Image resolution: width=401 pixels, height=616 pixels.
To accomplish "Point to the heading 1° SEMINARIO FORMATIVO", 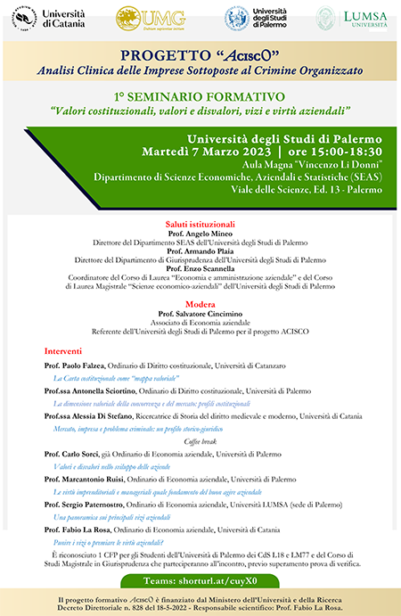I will pyautogui.click(x=200, y=94).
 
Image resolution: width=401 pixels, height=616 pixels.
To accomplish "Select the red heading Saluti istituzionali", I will pyautogui.click(x=200, y=223).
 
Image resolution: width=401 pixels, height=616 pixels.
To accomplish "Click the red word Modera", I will pyautogui.click(x=200, y=303).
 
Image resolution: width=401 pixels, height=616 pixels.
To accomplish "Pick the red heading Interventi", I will pyautogui.click(x=62, y=351).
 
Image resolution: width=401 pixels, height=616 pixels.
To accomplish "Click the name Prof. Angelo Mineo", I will pyautogui.click(x=200, y=233).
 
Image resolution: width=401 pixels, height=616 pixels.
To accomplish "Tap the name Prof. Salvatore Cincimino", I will pyautogui.click(x=200, y=314).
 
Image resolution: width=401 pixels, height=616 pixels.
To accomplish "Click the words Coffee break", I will pyautogui.click(x=200, y=440).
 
